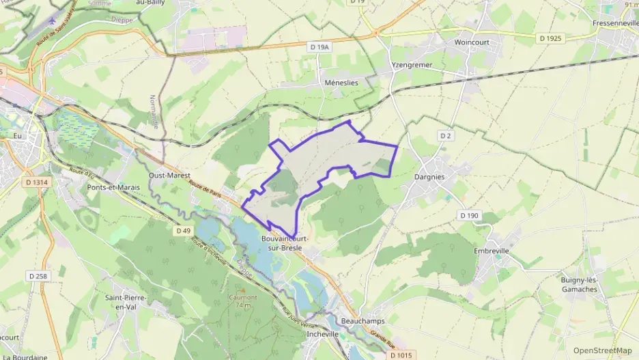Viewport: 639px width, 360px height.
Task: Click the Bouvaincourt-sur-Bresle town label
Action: (x=285, y=243)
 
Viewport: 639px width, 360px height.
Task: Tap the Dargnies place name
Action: (x=429, y=176)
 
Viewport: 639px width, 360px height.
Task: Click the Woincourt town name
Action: (x=473, y=42)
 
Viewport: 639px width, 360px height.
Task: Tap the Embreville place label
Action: (x=492, y=251)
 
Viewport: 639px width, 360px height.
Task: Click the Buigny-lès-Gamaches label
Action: (x=578, y=284)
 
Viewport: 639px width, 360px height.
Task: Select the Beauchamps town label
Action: (x=362, y=320)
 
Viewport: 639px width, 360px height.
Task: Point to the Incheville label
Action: (x=323, y=334)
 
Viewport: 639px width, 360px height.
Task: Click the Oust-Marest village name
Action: (x=169, y=174)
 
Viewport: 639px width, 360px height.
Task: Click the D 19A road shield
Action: (x=319, y=47)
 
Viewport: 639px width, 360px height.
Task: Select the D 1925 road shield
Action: (x=550, y=38)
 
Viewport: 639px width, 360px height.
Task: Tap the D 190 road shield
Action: (x=470, y=215)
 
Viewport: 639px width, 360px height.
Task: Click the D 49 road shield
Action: (x=183, y=231)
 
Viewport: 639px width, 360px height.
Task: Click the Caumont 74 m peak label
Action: (x=242, y=301)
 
